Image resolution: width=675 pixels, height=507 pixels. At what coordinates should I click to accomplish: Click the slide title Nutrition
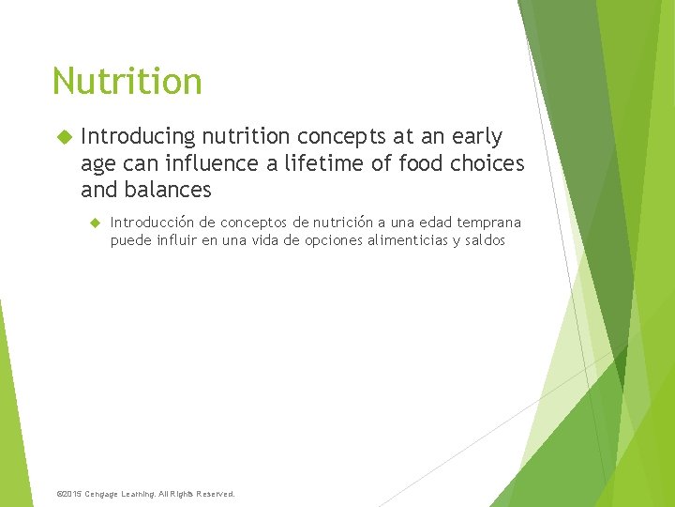click(127, 81)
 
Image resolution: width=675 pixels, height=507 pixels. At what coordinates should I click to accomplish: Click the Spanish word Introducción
click(153, 223)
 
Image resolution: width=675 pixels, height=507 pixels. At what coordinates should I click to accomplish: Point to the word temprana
click(489, 223)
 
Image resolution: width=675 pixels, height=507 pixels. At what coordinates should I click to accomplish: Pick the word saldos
click(484, 240)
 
